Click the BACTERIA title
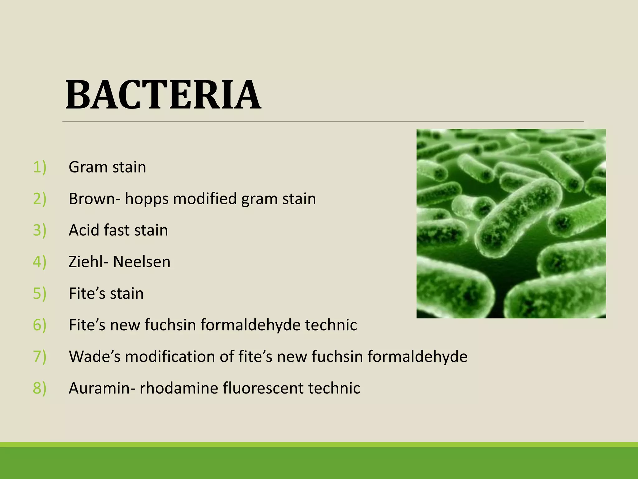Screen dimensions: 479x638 click(x=163, y=95)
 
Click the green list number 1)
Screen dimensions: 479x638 click(x=40, y=167)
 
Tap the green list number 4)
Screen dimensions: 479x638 click(x=40, y=262)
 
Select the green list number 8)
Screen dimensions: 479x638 click(x=40, y=388)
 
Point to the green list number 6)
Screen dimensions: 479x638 click(x=40, y=325)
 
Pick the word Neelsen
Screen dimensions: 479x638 click(x=142, y=262)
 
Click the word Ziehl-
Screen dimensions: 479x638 click(x=88, y=262)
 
